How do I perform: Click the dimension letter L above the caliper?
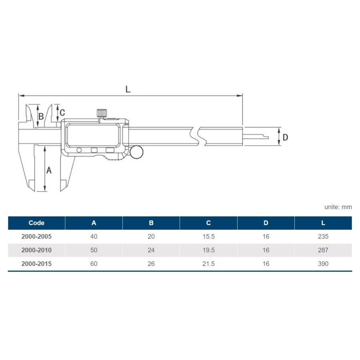coord(128,89)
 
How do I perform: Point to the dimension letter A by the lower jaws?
coord(49,170)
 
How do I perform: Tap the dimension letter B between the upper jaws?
coord(41,116)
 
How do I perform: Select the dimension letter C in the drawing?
coord(62,112)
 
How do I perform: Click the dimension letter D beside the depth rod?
coord(285,137)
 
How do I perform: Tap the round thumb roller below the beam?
coord(136,152)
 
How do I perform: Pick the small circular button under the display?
coord(79,150)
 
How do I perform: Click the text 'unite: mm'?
coord(338,207)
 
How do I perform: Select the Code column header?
coord(36,223)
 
